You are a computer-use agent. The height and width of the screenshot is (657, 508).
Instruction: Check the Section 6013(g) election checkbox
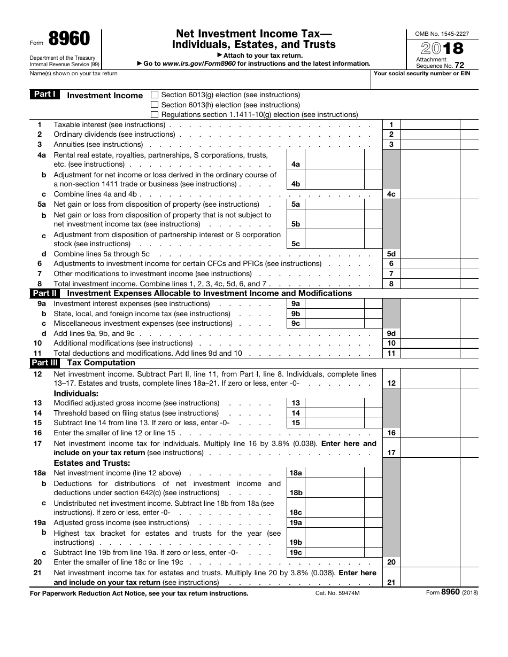coord(155,95)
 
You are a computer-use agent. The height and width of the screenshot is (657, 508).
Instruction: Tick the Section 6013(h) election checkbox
coord(155,105)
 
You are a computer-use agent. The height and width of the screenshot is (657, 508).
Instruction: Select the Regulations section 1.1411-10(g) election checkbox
coord(155,114)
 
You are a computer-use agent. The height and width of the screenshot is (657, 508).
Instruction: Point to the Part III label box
coord(45,363)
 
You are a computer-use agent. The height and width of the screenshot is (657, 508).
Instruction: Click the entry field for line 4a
coord(334,159)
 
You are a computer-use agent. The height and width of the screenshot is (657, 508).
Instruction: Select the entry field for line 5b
coord(334,219)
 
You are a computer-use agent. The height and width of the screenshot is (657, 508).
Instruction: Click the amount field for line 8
coord(429,284)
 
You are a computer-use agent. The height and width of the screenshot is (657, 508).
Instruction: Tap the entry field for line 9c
coord(334,324)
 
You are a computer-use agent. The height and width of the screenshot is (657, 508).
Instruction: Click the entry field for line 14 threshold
coord(334,413)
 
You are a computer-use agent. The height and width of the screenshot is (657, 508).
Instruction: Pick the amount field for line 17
coord(429,448)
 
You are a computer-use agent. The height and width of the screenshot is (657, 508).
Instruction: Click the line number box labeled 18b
coord(296,492)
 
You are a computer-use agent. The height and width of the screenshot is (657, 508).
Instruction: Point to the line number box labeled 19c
coord(296,552)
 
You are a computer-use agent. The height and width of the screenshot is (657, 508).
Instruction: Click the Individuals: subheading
coord(76,394)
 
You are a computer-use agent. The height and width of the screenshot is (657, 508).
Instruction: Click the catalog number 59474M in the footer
coord(337,593)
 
